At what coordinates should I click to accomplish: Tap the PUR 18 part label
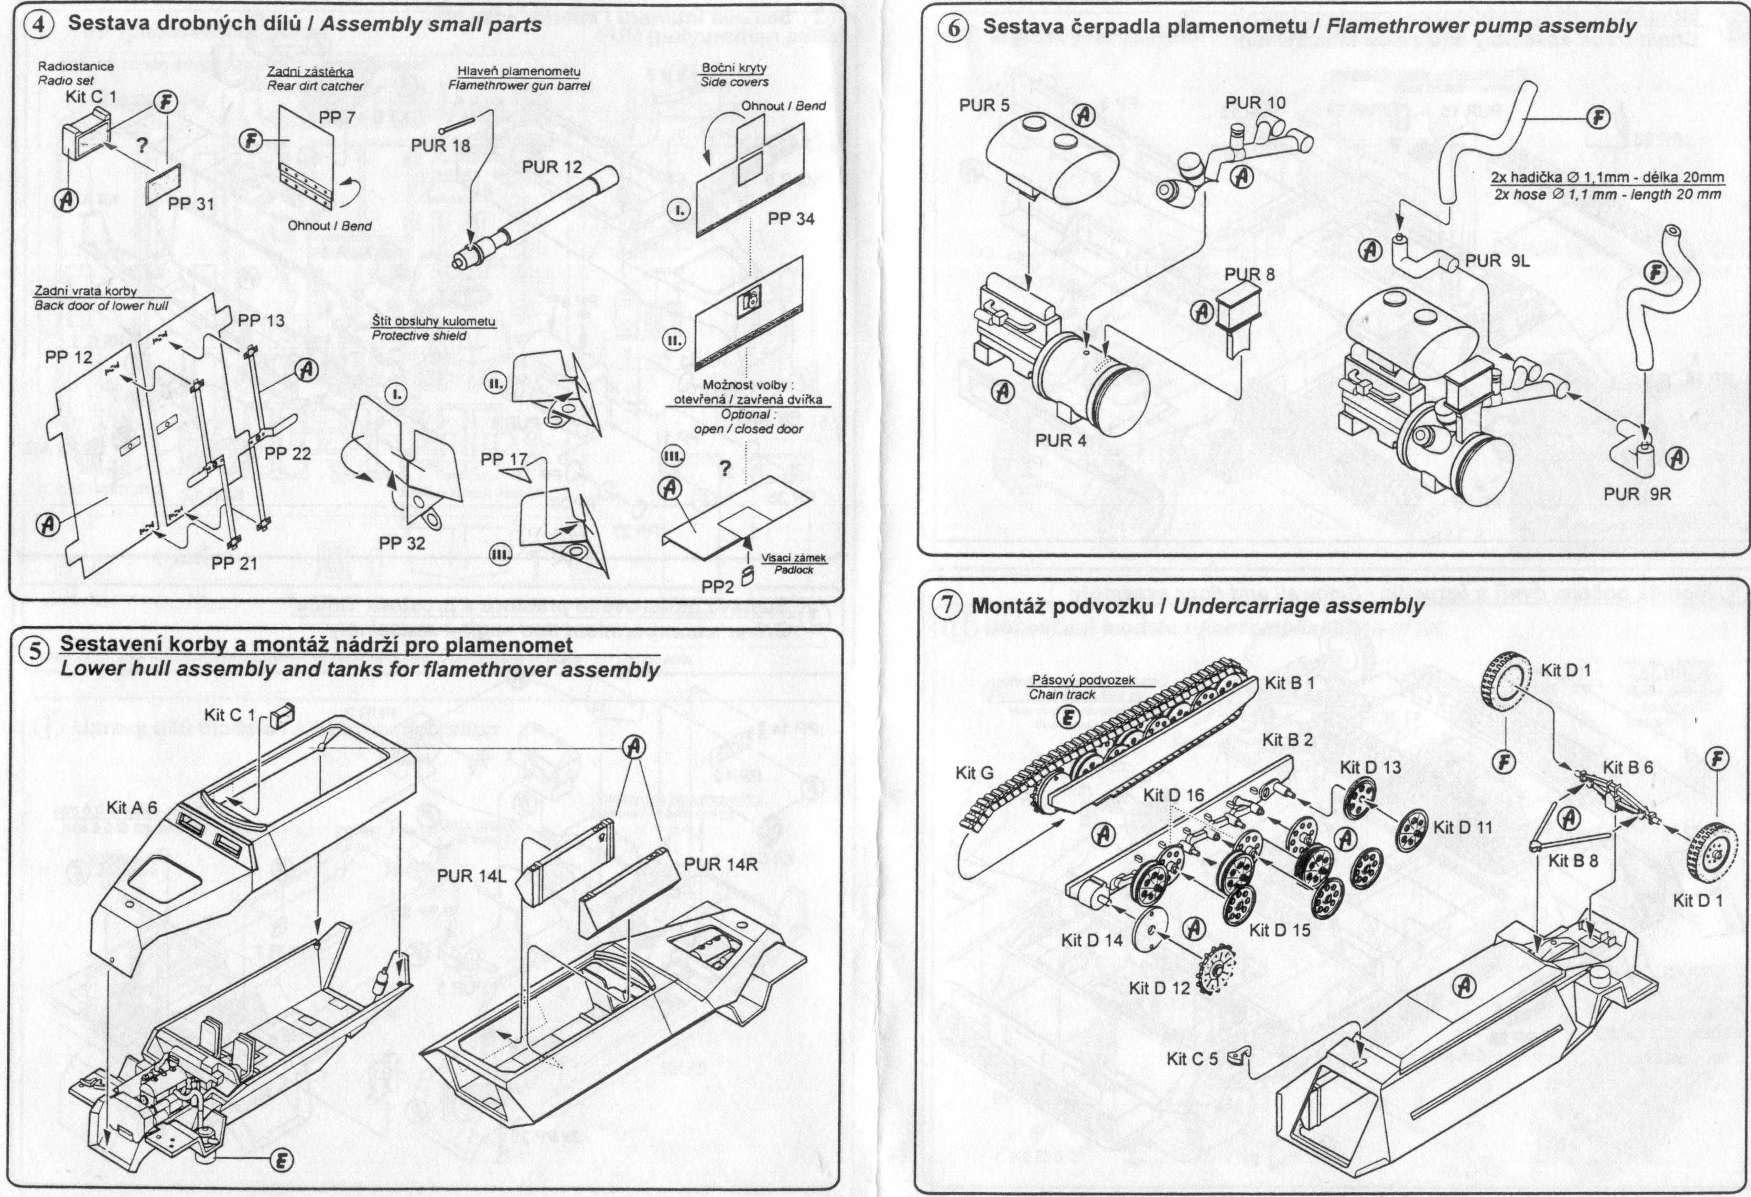(x=440, y=145)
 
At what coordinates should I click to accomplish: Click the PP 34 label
(x=791, y=219)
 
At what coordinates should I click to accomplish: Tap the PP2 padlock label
(x=717, y=586)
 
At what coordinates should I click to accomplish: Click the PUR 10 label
(x=1255, y=102)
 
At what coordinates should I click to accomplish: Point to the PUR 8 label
(x=1249, y=274)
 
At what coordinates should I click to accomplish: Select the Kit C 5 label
(x=1192, y=1059)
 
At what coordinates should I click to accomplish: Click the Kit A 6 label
(x=131, y=808)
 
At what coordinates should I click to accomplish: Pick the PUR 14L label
(x=472, y=876)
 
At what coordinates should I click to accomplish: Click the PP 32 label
(x=402, y=543)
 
